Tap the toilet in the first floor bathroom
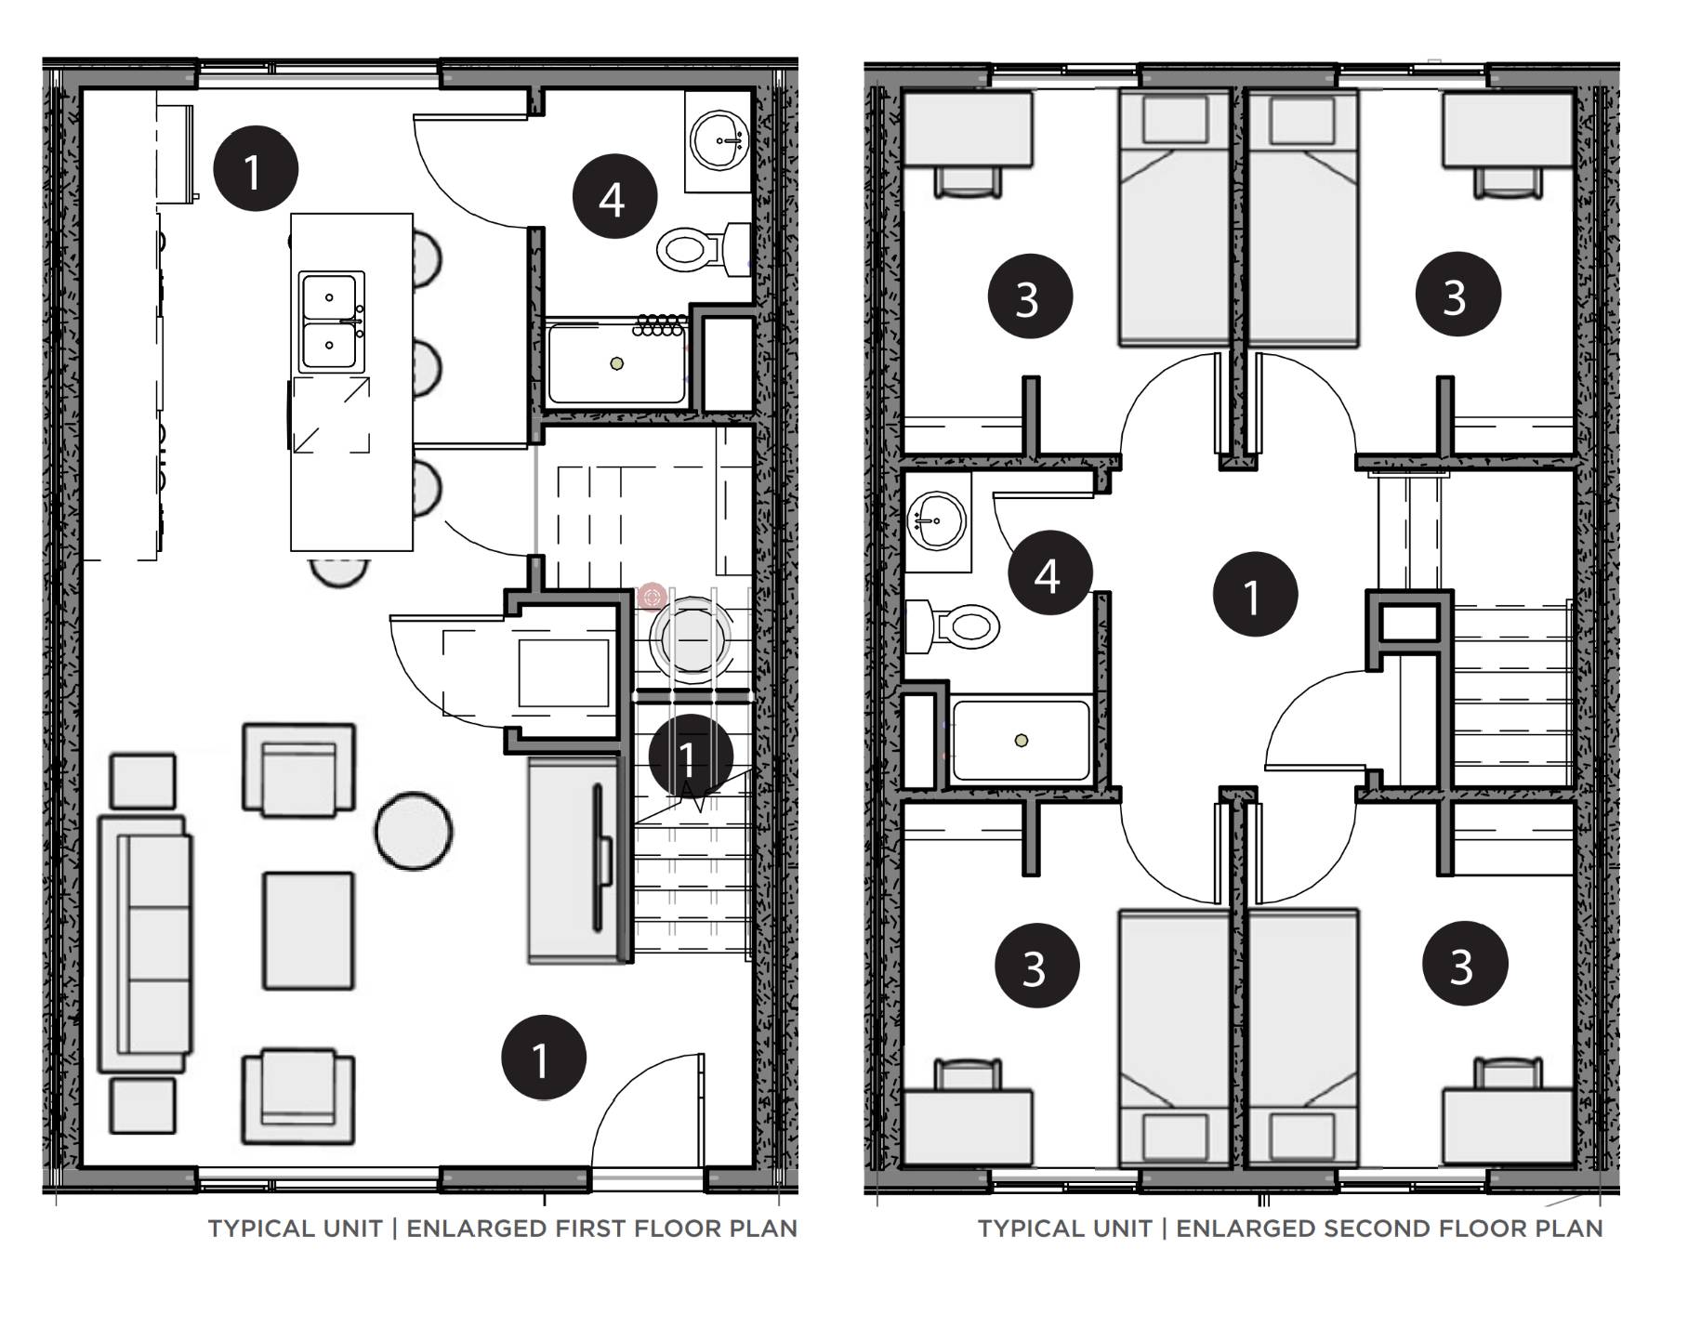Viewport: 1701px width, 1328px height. coord(692,248)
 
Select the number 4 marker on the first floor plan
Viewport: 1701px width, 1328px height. coord(613,197)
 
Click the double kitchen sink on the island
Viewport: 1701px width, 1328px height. coord(331,322)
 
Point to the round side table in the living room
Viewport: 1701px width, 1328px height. coord(414,830)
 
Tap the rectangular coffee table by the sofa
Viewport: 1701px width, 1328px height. coord(309,930)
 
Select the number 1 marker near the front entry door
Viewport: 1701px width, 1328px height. coord(543,1058)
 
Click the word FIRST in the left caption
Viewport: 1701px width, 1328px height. coord(587,1229)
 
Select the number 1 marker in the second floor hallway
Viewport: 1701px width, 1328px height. coord(1255,595)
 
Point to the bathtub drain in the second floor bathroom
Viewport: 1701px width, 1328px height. coord(1022,741)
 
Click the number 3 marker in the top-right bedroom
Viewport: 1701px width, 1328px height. coord(1457,295)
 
